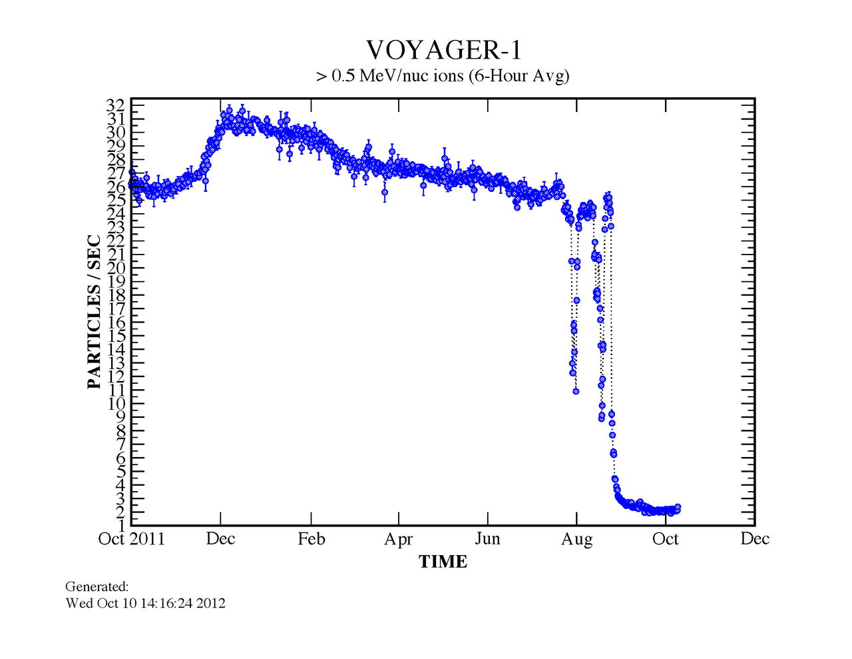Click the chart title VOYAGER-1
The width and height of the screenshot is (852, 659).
coord(443,51)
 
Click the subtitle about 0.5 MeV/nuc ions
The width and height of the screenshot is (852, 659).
coord(443,76)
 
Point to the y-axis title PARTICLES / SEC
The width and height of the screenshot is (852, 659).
coord(95,312)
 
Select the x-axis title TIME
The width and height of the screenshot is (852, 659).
coord(443,562)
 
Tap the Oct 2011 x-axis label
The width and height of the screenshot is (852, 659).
coord(132,538)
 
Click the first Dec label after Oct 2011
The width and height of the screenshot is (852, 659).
coord(220,538)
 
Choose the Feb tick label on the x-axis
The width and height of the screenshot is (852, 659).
coord(311,538)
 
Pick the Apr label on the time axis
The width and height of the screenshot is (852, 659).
coord(399,538)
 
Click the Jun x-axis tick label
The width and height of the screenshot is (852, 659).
coord(488,538)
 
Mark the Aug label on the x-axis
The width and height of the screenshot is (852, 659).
coord(576,538)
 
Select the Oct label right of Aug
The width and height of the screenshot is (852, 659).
coord(666,538)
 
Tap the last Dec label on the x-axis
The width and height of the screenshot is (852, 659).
coord(755,538)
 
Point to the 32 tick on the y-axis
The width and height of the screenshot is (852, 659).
coord(115,105)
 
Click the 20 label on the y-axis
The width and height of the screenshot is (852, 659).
coord(115,268)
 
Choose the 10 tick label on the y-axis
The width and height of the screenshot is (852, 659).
coord(115,403)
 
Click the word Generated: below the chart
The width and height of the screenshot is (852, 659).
coord(97,587)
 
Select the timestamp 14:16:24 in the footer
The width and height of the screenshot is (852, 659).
coord(166,604)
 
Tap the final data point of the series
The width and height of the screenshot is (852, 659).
coord(678,508)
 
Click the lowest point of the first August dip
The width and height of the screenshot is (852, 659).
coord(576,391)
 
